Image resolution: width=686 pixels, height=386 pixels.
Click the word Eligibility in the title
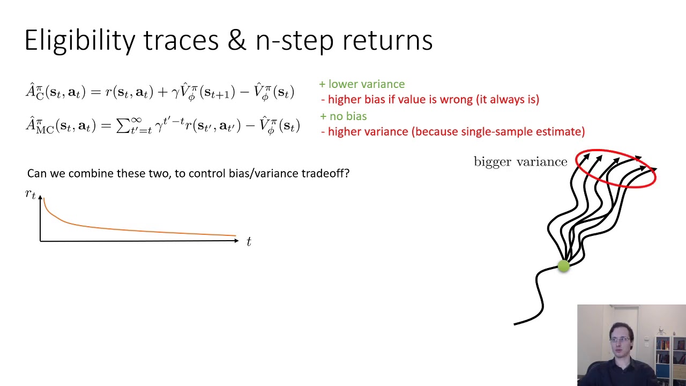coord(80,41)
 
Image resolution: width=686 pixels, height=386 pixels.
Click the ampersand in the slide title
coord(237,40)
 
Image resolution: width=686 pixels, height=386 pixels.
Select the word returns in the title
coord(387,41)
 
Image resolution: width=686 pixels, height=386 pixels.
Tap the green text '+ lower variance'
coord(362,84)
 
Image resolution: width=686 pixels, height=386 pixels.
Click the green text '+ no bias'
coord(344,116)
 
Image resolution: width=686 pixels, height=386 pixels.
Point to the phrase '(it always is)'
coord(508,100)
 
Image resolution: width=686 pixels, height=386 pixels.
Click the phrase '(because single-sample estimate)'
coord(498,132)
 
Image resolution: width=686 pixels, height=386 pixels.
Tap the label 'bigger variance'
coord(520,162)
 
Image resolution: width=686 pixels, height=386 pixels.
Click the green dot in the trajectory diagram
coord(564,266)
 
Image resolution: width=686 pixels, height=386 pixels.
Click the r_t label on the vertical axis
coord(31,194)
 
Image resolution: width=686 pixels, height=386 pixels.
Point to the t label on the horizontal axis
coord(249,241)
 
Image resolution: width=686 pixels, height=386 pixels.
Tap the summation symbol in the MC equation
coord(123,125)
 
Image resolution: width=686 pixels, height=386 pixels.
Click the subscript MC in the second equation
coord(44,130)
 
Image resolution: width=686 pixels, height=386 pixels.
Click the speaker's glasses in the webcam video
coord(620,339)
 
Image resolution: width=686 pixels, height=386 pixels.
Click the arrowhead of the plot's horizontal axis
coord(236,241)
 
